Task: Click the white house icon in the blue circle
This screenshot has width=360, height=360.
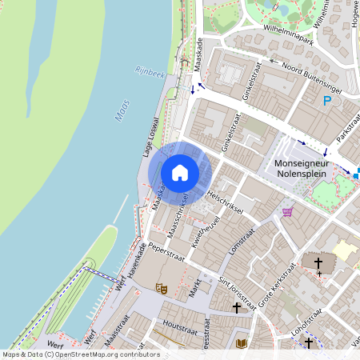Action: pyautogui.click(x=180, y=172)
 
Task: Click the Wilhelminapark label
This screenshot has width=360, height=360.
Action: pyautogui.click(x=272, y=35)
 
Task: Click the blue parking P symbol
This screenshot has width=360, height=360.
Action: pyautogui.click(x=327, y=101)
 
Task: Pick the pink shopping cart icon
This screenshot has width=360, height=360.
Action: pyautogui.click(x=287, y=211)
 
